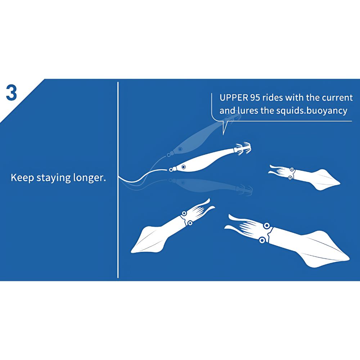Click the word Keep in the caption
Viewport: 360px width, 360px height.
[22, 178]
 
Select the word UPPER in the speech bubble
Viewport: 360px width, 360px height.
[234, 98]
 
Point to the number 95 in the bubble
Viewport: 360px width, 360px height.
[255, 98]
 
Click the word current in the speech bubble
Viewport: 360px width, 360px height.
[337, 98]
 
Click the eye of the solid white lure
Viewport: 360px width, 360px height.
[183, 167]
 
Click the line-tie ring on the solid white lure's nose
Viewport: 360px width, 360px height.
[171, 170]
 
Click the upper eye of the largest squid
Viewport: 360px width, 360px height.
[266, 226]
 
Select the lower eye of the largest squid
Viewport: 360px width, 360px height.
[262, 240]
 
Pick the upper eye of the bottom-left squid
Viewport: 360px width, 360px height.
[184, 213]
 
